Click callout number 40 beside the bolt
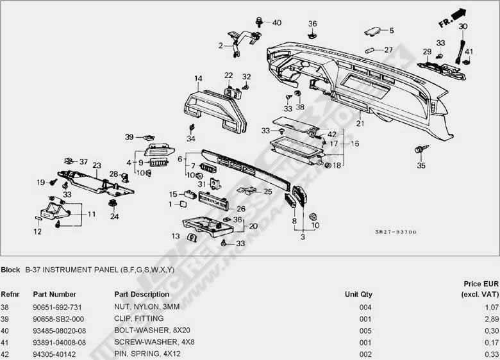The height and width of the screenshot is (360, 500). click(x=276, y=22)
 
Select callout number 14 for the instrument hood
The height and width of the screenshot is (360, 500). click(x=199, y=79)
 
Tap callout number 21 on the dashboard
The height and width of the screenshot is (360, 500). click(x=360, y=123)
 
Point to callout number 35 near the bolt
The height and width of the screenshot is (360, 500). click(x=421, y=166)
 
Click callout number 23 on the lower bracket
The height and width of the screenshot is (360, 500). click(x=97, y=165)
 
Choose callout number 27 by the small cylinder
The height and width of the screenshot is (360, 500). click(x=388, y=49)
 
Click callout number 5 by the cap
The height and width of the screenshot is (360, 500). click(x=392, y=29)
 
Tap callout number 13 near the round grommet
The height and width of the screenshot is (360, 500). click(x=176, y=236)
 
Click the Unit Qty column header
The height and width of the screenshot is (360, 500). click(x=358, y=295)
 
